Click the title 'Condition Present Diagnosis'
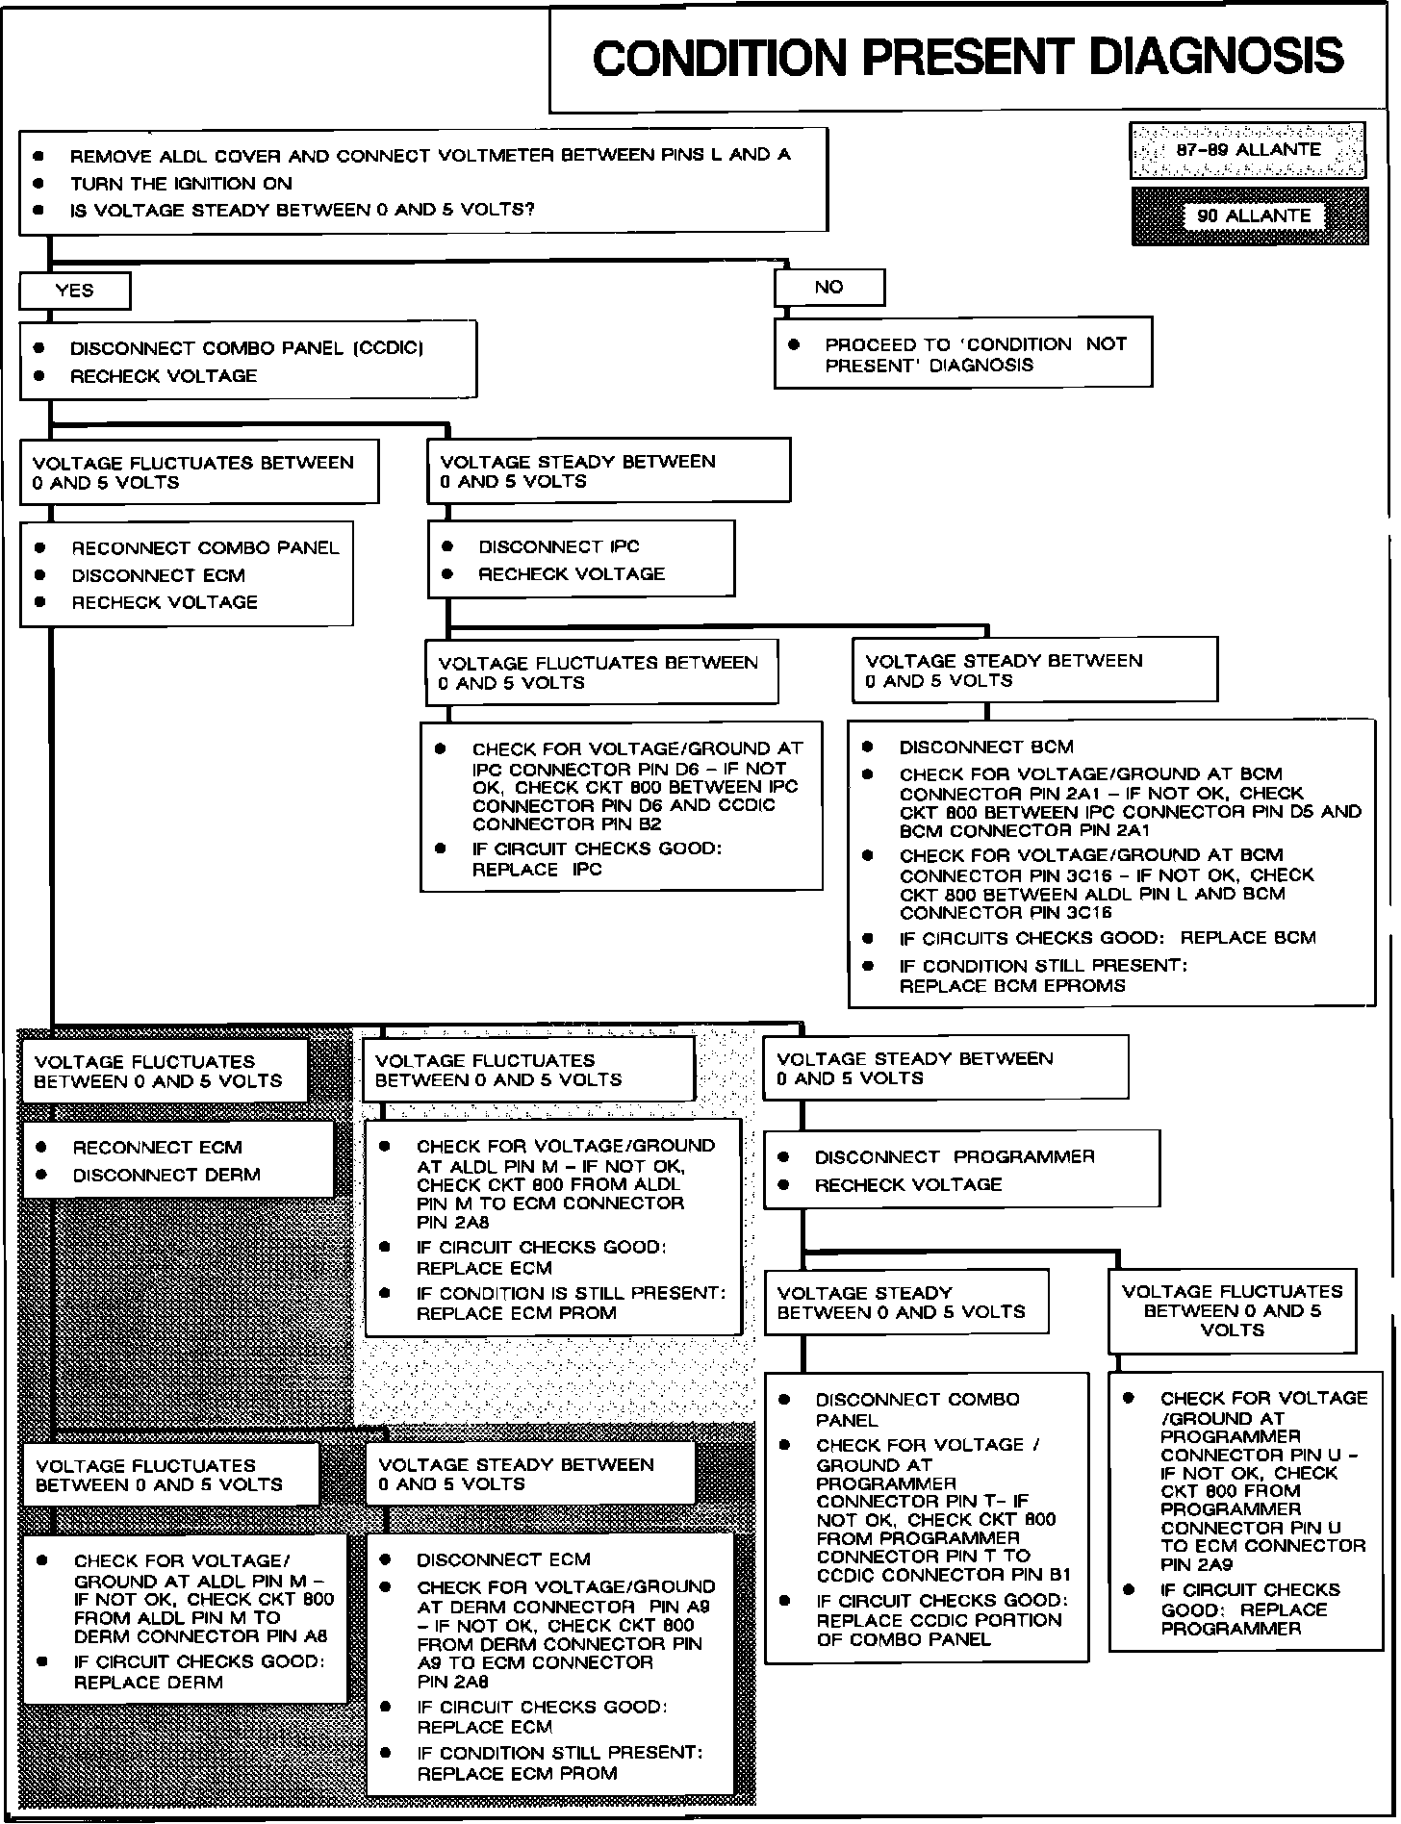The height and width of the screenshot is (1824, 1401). pos(967,58)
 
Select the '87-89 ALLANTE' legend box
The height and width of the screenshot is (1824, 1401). pos(1248,150)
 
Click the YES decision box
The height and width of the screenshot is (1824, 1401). pos(74,291)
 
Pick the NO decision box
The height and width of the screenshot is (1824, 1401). pos(828,287)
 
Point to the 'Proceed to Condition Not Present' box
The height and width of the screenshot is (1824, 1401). pos(962,354)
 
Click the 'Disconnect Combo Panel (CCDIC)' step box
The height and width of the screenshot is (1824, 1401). pos(247,361)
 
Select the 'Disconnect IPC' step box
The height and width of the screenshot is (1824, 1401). pos(580,559)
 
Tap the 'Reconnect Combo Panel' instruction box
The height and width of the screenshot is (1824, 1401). pos(187,574)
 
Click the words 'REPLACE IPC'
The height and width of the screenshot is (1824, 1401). pos(536,870)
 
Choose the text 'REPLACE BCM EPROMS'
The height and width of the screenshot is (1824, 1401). pos(1011,986)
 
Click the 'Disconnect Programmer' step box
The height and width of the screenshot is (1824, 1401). pos(961,1170)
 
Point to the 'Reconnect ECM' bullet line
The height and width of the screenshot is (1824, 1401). pos(157,1148)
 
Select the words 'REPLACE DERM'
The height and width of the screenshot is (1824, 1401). pos(148,1683)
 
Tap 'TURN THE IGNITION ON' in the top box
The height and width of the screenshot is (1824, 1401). pos(181,184)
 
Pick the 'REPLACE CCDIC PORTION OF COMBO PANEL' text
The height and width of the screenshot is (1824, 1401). pos(938,1629)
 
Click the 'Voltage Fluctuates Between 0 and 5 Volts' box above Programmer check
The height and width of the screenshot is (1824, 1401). pos(1232,1310)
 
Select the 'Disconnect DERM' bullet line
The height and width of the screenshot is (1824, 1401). pos(166,1176)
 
